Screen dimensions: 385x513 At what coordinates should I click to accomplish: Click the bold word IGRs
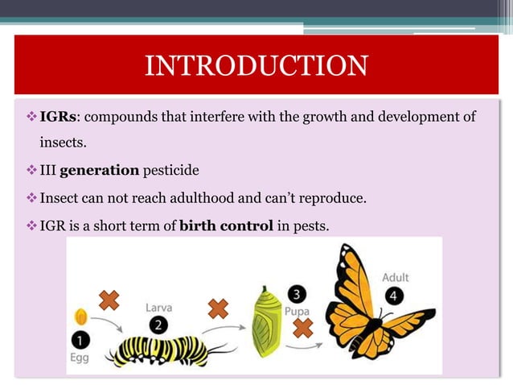[58, 118]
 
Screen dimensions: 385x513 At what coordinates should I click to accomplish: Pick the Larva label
[158, 307]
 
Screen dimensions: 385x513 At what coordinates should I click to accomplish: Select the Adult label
[395, 277]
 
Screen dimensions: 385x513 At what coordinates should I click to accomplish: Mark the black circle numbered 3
[295, 293]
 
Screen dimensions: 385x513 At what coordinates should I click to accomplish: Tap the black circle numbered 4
[395, 296]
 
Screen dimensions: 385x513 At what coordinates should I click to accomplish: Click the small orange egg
[80, 315]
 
